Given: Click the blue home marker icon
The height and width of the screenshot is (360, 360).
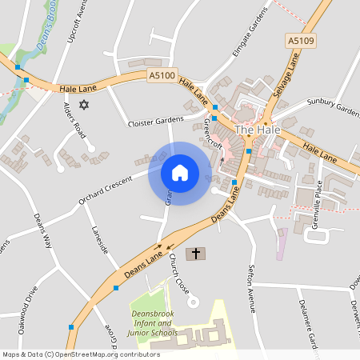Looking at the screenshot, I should click(179, 173).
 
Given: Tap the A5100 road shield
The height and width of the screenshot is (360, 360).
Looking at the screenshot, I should click(161, 75).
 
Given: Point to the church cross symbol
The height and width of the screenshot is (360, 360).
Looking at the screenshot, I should click(195, 254).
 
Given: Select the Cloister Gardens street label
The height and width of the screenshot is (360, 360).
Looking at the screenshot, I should click(155, 123).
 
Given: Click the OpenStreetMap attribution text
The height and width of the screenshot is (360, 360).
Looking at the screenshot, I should click(81, 354).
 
